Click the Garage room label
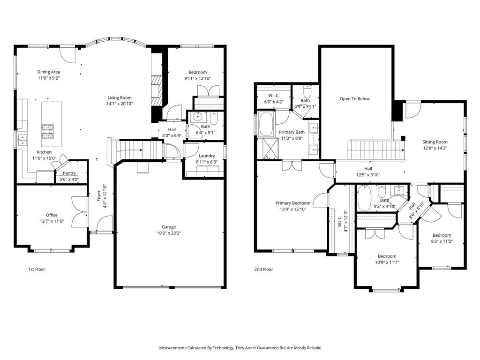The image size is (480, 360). (x=169, y=227)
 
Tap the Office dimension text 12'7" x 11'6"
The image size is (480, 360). (x=52, y=221)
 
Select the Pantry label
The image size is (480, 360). (x=69, y=173)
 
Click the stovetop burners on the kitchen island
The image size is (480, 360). (x=48, y=131)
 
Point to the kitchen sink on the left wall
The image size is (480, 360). (x=22, y=138)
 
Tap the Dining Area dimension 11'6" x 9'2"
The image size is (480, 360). (x=49, y=78)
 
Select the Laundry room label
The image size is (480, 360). (x=207, y=156)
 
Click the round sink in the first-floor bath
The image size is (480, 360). (x=196, y=118)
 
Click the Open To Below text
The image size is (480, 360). (x=354, y=99)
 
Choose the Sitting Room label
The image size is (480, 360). (x=435, y=142)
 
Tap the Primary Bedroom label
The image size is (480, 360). (x=292, y=203)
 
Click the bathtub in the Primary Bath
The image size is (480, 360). (x=267, y=124)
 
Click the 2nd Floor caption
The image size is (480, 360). (x=263, y=270)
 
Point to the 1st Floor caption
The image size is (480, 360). (x=36, y=270)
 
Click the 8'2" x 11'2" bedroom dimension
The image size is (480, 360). (x=442, y=241)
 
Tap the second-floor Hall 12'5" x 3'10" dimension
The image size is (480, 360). (x=368, y=175)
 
